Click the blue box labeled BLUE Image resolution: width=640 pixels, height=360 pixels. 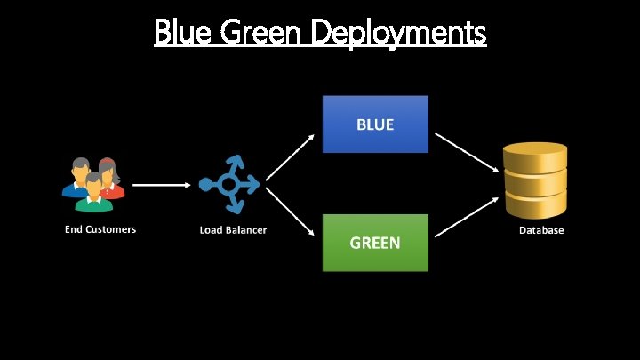tap(375, 124)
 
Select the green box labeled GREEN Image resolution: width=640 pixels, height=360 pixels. tap(375, 242)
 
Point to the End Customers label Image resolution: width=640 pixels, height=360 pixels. tap(100, 229)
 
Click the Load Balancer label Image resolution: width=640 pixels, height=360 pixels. tap(233, 230)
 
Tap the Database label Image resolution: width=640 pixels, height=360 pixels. tap(541, 230)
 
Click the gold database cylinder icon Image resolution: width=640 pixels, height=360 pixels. tap(534, 180)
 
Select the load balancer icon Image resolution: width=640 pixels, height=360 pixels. tap(229, 184)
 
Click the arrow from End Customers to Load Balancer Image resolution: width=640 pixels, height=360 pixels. tap(160, 185)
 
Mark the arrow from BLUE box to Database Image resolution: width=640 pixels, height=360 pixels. tap(464, 152)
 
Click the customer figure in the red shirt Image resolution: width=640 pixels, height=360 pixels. tap(108, 178)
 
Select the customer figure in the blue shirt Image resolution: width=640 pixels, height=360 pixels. tap(78, 178)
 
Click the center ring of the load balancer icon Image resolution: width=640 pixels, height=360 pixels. tap(229, 184)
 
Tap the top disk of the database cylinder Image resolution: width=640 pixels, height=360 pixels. tap(534, 153)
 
